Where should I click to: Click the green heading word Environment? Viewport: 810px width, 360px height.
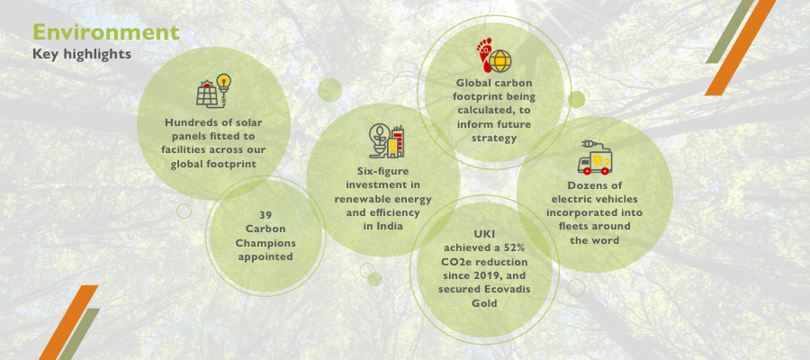click(106, 32)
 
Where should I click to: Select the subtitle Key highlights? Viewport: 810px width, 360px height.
click(82, 54)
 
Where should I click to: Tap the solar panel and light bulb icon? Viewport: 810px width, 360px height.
click(213, 91)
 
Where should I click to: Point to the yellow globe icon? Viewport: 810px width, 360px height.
click(500, 61)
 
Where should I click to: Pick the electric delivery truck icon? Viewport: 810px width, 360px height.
click(595, 157)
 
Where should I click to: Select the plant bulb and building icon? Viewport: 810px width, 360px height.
click(386, 141)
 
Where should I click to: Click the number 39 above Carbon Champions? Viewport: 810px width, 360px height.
click(265, 215)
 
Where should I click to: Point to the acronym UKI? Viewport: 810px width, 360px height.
click(484, 235)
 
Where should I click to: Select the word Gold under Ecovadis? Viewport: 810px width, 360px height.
click(484, 303)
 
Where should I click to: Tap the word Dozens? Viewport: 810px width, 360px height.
click(586, 185)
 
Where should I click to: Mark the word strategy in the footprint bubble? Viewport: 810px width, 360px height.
click(493, 138)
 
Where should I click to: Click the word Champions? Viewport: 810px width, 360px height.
click(265, 243)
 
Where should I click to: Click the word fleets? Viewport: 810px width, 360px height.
click(576, 226)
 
